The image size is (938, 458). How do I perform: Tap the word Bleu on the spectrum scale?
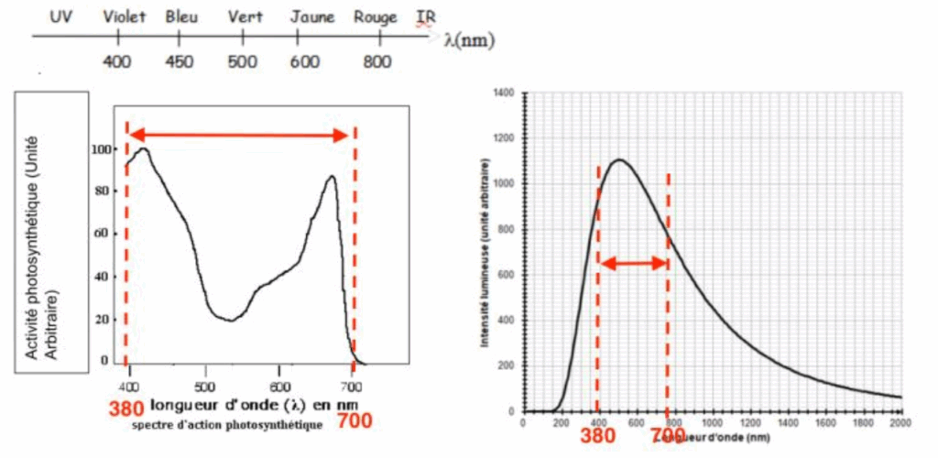tap(181, 17)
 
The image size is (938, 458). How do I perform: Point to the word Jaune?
tap(312, 17)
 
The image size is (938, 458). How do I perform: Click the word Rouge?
tap(376, 17)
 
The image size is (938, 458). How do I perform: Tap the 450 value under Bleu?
tap(180, 61)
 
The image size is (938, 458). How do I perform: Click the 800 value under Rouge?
tap(376, 61)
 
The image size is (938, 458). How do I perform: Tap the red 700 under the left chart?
tap(354, 420)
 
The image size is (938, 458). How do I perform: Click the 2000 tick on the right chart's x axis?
tap(901, 423)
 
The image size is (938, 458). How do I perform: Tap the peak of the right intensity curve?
tap(620, 160)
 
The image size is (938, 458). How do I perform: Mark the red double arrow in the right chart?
tap(633, 264)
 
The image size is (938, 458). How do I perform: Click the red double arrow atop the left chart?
tap(239, 136)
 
